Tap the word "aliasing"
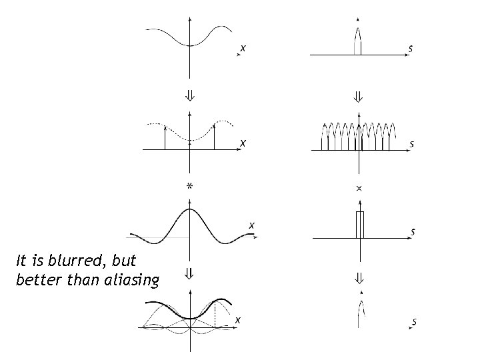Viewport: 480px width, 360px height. [133, 279]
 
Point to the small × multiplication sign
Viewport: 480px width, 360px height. [359, 189]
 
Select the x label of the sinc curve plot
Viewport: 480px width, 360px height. [251, 225]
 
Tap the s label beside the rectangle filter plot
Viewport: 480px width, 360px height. [413, 232]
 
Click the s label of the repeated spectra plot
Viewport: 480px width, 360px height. [413, 143]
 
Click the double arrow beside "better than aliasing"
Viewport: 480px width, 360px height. [190, 273]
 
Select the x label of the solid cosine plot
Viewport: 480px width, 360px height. [243, 48]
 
